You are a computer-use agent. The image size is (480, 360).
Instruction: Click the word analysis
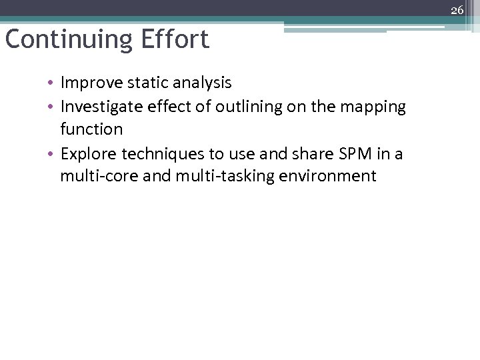pyautogui.click(x=203, y=83)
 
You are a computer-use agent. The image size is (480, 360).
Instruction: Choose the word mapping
pyautogui.click(x=374, y=107)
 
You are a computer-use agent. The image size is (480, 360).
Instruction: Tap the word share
pyautogui.click(x=326, y=154)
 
